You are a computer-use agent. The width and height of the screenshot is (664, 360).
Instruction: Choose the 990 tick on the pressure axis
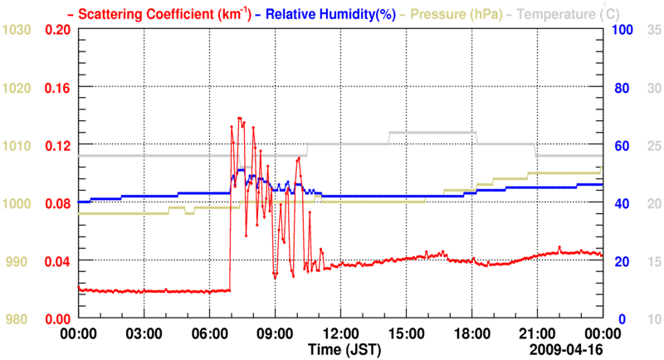click(x=19, y=261)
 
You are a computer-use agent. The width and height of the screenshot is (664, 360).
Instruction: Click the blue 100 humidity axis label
click(x=623, y=30)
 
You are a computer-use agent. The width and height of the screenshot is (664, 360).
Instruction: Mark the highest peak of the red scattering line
click(x=239, y=118)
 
